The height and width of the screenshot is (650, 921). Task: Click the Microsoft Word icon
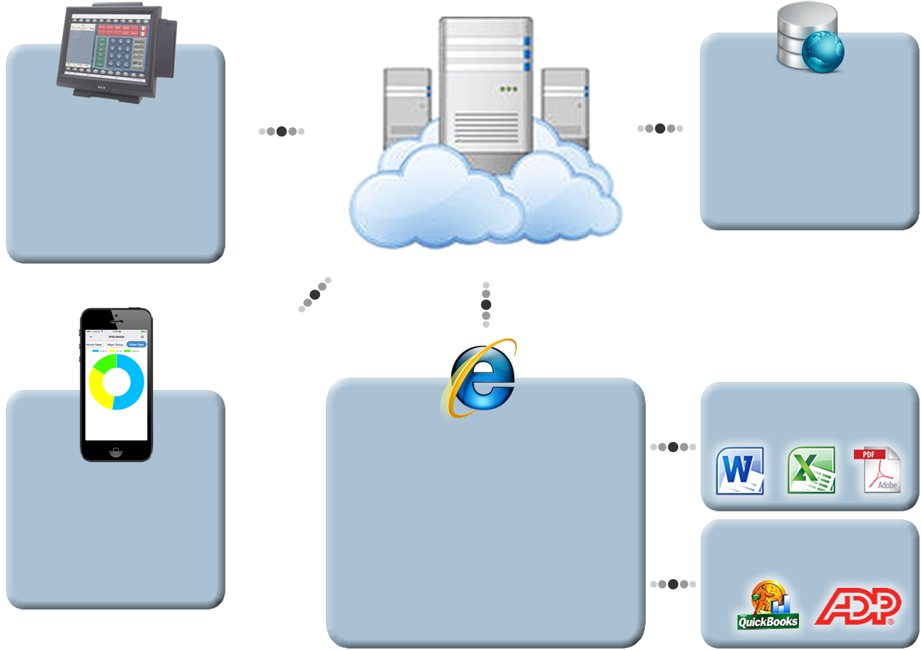pyautogui.click(x=740, y=471)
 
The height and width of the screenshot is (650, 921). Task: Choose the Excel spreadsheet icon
pyautogui.click(x=810, y=471)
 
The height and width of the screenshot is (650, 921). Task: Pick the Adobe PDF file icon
pyautogui.click(x=877, y=471)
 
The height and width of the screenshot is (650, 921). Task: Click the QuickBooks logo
pyautogui.click(x=768, y=607)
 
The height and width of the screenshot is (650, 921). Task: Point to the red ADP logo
pyautogui.click(x=857, y=607)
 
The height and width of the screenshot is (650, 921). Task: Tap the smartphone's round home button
pyautogui.click(x=116, y=451)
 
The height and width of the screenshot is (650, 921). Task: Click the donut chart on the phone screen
pyautogui.click(x=116, y=382)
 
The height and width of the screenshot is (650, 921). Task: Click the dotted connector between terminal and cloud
pyautogui.click(x=282, y=131)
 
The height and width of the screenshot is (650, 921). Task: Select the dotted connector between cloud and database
pyautogui.click(x=660, y=129)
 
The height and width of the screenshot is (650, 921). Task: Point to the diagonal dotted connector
pyautogui.click(x=314, y=295)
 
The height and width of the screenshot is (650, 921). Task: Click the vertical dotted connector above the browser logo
pyautogui.click(x=485, y=304)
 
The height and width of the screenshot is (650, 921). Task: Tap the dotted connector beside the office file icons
pyautogui.click(x=673, y=447)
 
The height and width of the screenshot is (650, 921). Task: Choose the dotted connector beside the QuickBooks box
pyautogui.click(x=673, y=584)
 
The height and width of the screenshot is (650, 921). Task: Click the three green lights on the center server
pyautogui.click(x=510, y=90)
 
